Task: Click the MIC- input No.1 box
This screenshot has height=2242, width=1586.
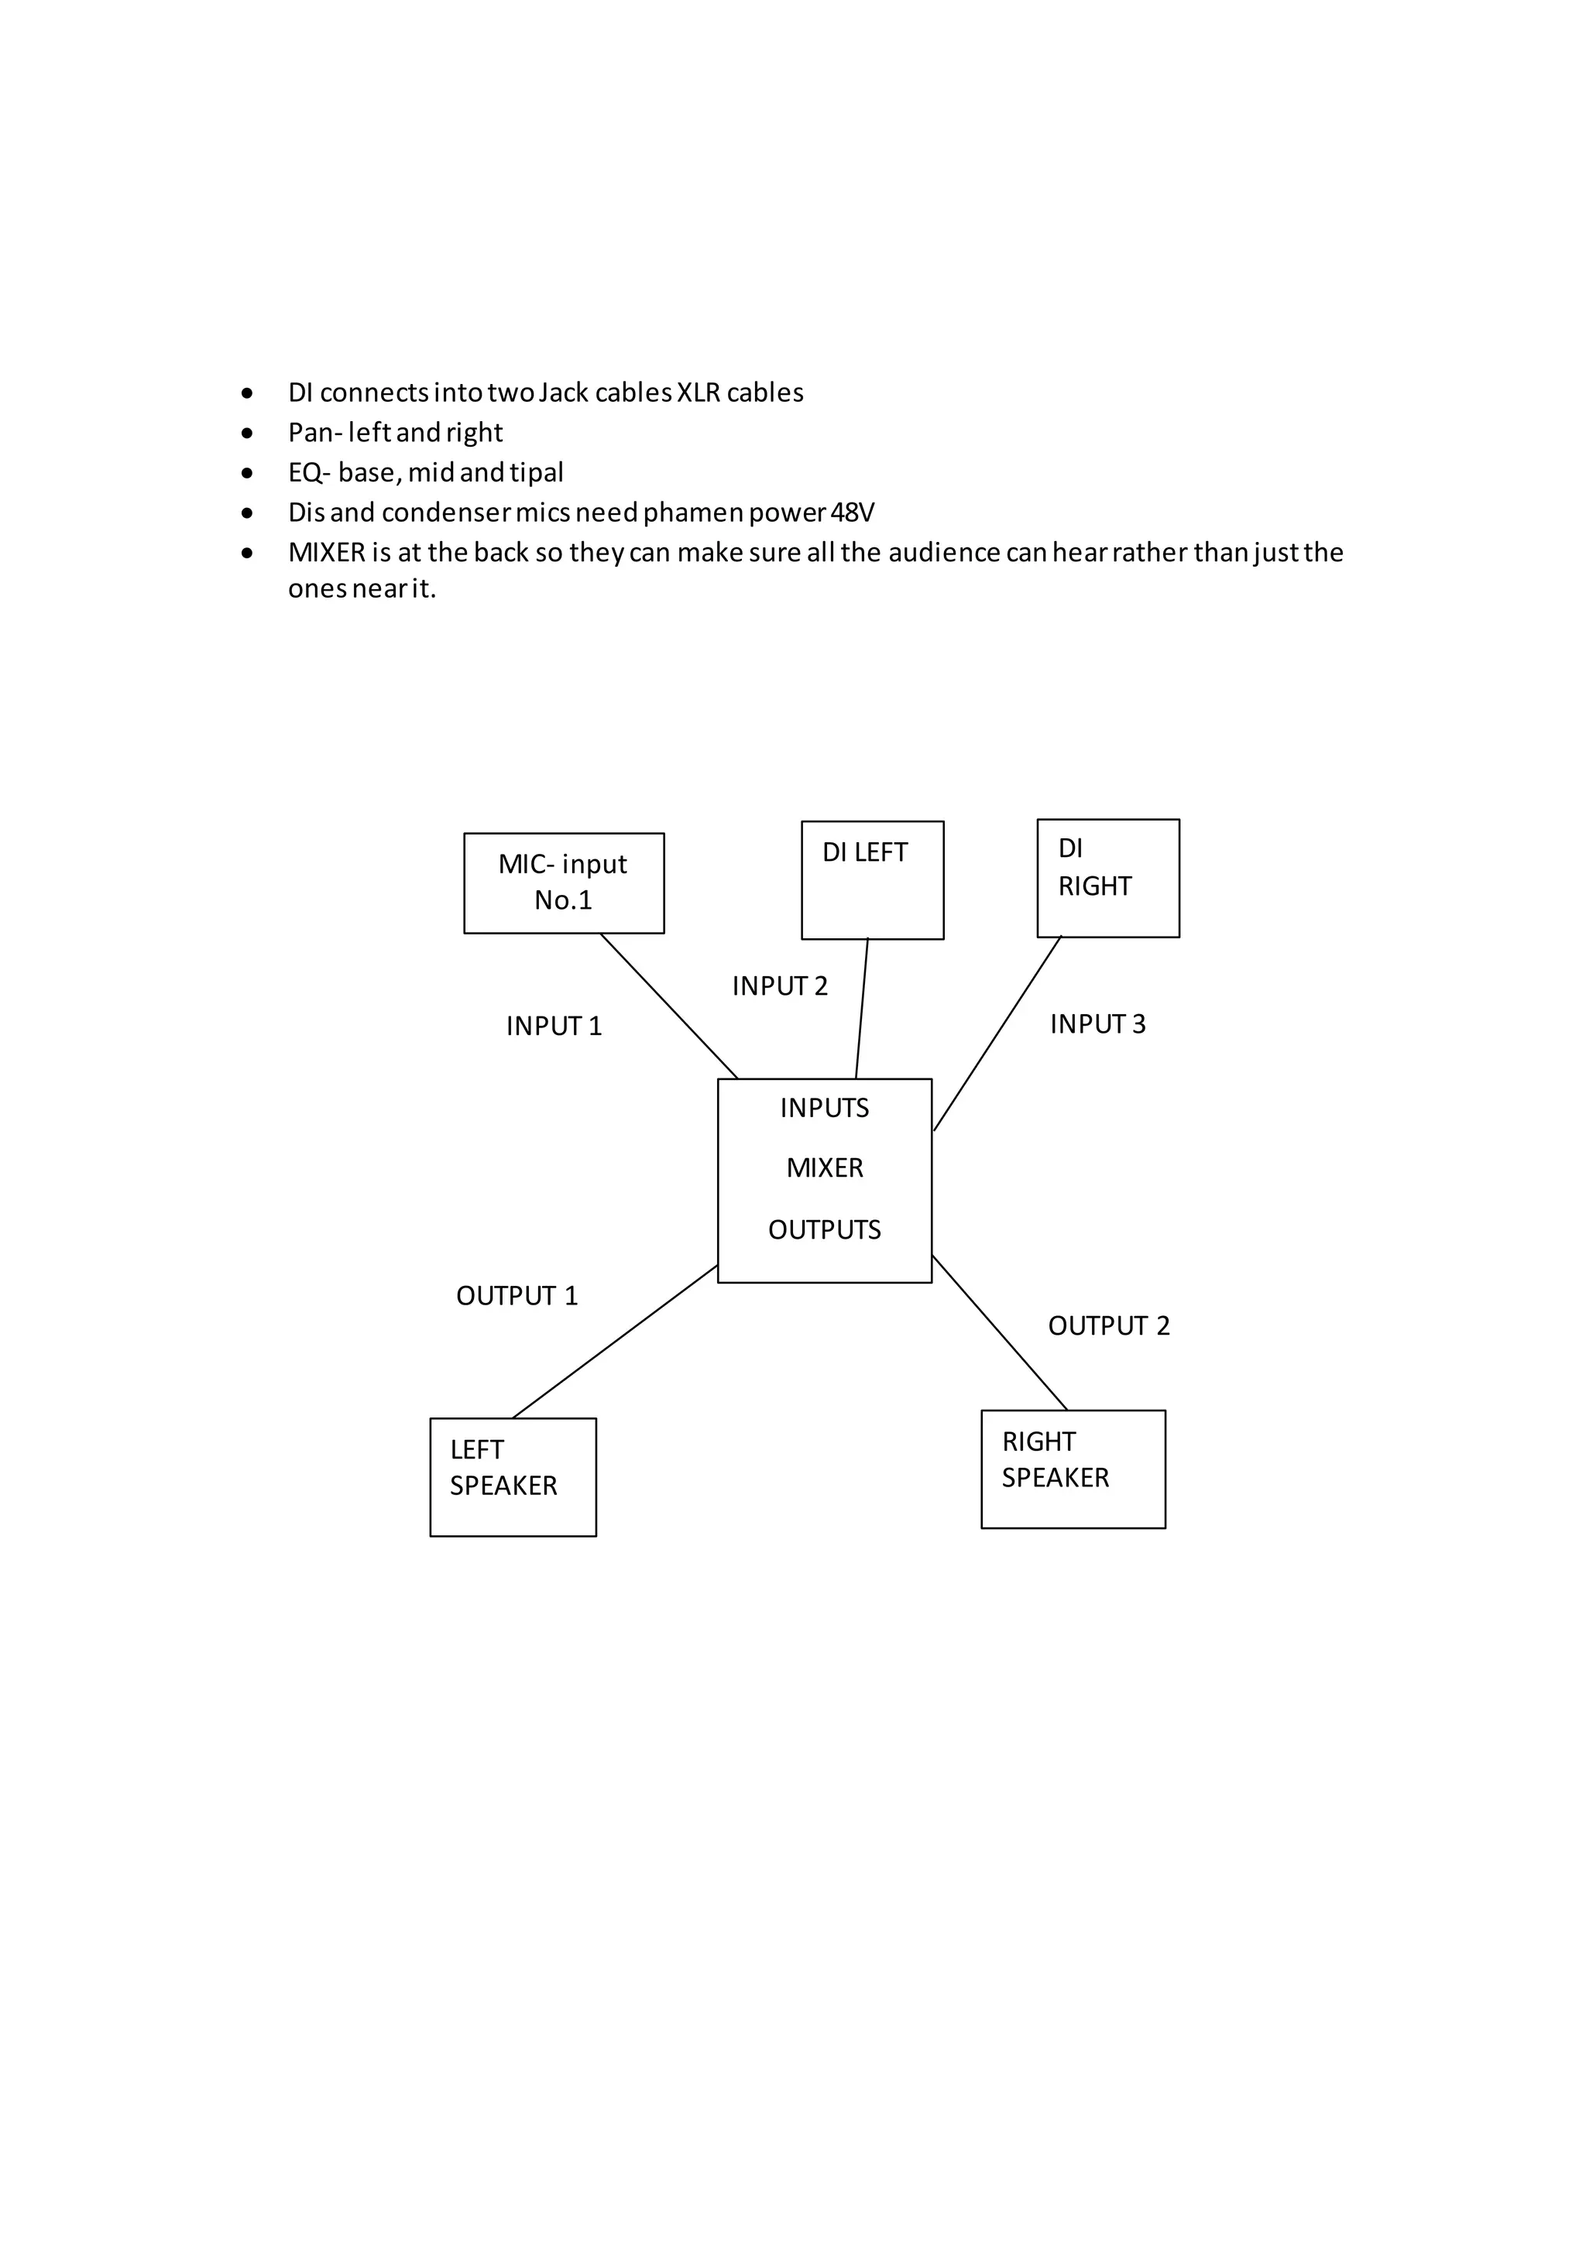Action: click(564, 883)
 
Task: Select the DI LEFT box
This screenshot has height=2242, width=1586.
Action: click(872, 879)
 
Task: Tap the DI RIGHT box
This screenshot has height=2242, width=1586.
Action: click(1107, 878)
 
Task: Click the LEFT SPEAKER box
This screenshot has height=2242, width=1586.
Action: click(513, 1476)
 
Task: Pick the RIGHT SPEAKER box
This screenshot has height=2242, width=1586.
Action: click(1073, 1469)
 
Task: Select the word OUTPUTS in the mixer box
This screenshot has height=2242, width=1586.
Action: click(824, 1229)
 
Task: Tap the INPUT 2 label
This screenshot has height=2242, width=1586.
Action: click(779, 986)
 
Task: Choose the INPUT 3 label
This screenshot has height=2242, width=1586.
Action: click(1097, 1024)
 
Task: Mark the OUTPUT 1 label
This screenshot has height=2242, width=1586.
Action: click(517, 1296)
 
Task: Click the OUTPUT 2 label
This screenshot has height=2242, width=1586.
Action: click(1108, 1326)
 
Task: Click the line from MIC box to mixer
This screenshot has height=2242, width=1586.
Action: click(669, 1006)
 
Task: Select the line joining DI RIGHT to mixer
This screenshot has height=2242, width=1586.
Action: click(997, 1033)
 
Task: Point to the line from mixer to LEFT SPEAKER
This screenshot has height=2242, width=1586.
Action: click(615, 1342)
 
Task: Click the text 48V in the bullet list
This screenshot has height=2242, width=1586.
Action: click(852, 513)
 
